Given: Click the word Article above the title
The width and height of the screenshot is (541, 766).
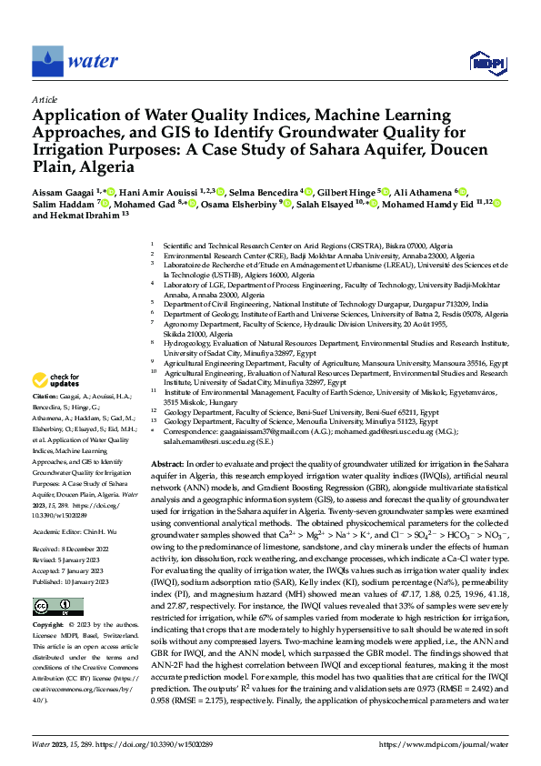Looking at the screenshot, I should (45, 99).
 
